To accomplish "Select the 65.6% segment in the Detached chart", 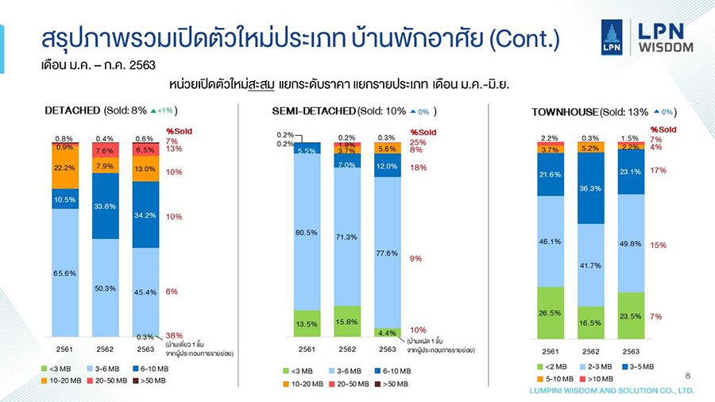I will tap(65, 273).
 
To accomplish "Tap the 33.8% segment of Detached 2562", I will tap(106, 206).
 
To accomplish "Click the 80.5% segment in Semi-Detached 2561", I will tap(307, 232).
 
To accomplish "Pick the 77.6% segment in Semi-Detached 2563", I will tap(387, 252).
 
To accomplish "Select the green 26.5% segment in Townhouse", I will tap(550, 313).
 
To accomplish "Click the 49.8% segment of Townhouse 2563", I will tap(631, 243).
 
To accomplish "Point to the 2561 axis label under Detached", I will tap(65, 349).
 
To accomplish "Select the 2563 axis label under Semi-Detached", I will tap(387, 349).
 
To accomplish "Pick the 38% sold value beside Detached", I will tap(173, 335).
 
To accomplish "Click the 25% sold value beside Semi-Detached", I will tap(417, 142).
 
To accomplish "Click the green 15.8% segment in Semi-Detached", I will tap(347, 322).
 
